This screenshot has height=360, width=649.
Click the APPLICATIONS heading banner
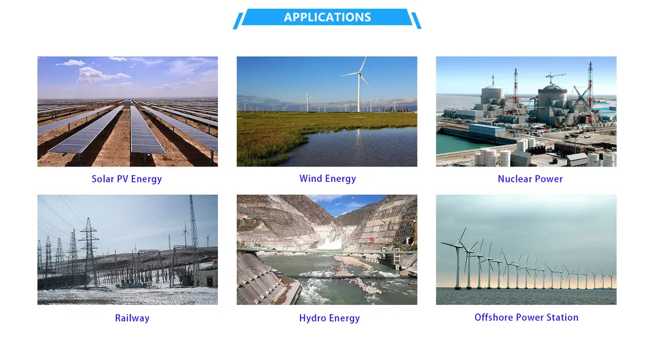click(x=327, y=17)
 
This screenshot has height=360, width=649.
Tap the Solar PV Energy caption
click(x=127, y=179)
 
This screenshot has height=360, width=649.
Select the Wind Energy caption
click(x=328, y=178)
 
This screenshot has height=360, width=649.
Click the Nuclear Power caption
click(x=530, y=179)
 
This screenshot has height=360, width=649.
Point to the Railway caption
click(x=132, y=318)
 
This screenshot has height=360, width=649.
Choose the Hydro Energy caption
click(x=329, y=318)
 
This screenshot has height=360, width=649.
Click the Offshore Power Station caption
click(x=527, y=317)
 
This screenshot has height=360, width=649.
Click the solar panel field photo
click(x=127, y=111)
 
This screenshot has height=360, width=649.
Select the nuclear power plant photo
click(x=526, y=111)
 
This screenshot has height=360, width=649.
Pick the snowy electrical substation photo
click(x=127, y=250)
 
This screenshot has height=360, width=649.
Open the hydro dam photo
click(x=327, y=250)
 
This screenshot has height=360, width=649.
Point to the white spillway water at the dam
click(x=330, y=243)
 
